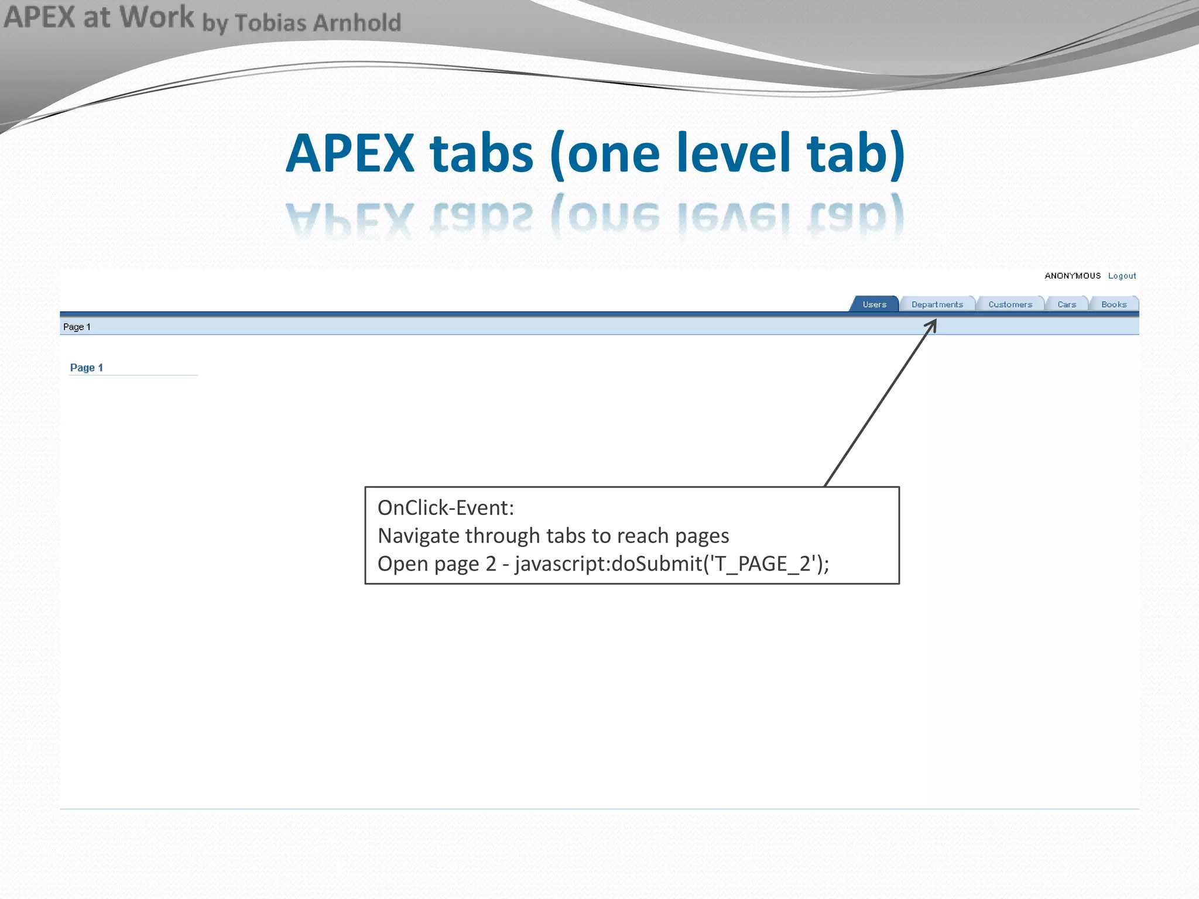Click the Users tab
874,304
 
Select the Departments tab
937,304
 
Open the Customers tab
1010,304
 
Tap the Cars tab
1067,304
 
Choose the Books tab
1114,304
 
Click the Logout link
1122,276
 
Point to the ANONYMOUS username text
1073,276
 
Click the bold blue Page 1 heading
87,368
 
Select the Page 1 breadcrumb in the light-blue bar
77,327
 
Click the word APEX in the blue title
350,153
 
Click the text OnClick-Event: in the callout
446,507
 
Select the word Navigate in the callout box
417,536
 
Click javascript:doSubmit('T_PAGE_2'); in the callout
672,564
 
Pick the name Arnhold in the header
357,23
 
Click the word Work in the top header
156,16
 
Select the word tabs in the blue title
481,153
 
